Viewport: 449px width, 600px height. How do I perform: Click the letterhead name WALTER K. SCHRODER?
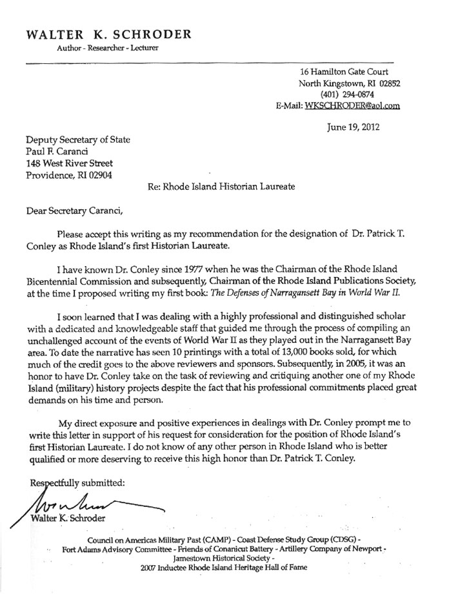(x=109, y=34)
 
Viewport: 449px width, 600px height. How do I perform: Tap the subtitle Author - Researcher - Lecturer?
(x=102, y=48)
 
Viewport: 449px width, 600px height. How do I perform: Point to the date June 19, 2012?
(x=354, y=127)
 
